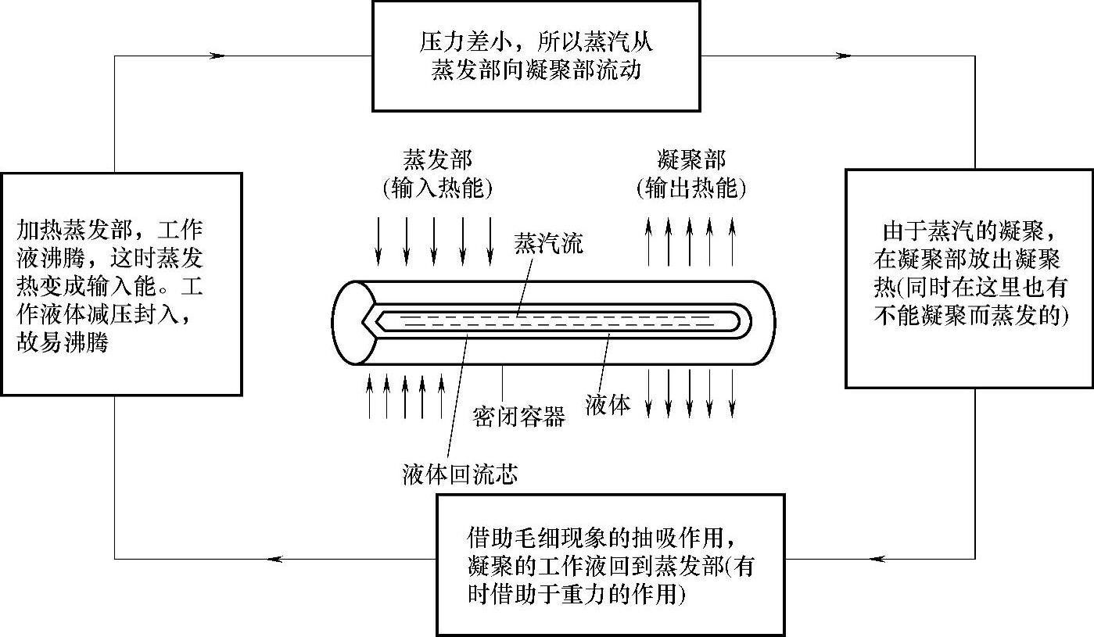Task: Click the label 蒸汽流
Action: click(x=548, y=242)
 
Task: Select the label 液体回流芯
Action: click(x=459, y=474)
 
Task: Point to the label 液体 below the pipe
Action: click(x=608, y=405)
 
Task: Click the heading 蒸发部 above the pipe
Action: click(x=437, y=161)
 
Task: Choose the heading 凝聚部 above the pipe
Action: click(x=690, y=161)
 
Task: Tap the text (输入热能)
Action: click(x=437, y=188)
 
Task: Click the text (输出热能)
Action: click(x=690, y=188)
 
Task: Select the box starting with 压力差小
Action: click(x=536, y=55)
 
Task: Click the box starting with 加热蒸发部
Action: click(x=120, y=284)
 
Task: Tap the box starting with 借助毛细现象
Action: click(x=610, y=564)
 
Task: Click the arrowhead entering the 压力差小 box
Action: click(x=217, y=55)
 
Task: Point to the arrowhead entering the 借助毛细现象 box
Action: click(x=877, y=558)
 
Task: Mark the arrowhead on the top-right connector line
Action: click(x=843, y=55)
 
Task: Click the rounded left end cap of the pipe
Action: click(x=351, y=322)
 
